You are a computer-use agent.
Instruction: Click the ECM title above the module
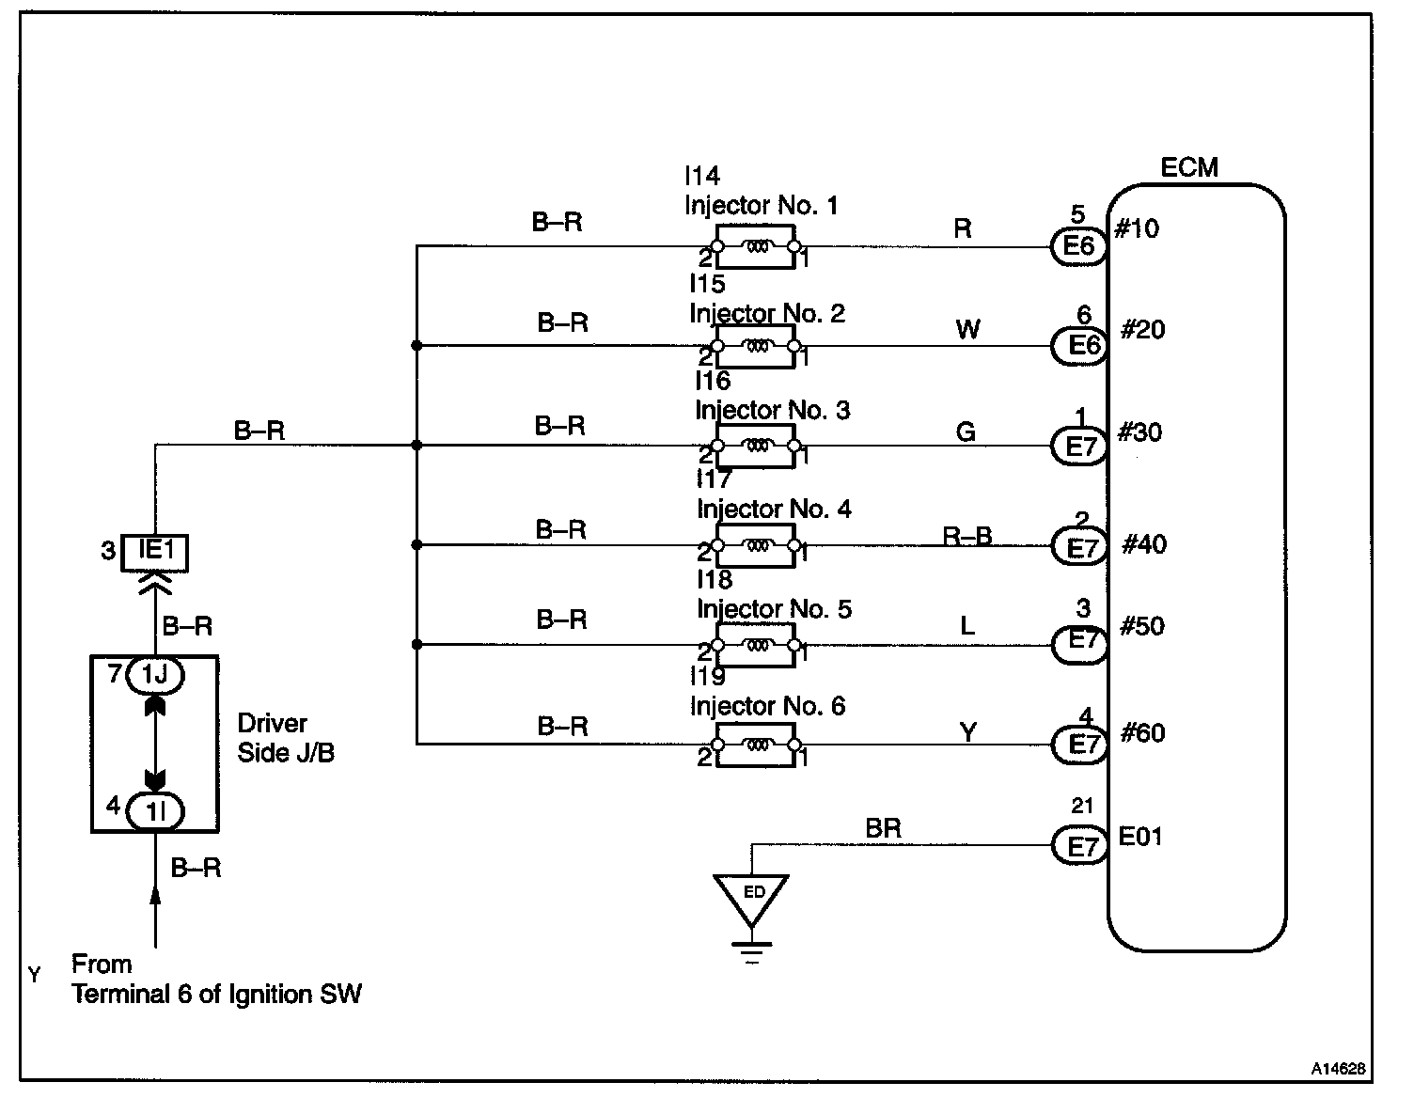[1189, 167]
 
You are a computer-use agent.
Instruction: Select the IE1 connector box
[155, 552]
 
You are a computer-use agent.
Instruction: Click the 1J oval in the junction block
[155, 675]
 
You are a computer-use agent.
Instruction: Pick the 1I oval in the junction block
[155, 811]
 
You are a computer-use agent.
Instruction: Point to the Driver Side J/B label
[286, 738]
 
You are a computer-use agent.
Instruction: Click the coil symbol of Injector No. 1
[756, 246]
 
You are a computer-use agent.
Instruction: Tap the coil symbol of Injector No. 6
[756, 745]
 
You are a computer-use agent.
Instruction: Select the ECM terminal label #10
[1137, 228]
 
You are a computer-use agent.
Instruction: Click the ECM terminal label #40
[1144, 543]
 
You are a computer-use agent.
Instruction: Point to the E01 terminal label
[1140, 836]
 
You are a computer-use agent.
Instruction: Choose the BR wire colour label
[883, 828]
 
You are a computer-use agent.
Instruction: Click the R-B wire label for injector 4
[967, 535]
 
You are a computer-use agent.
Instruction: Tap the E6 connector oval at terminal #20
[1080, 345]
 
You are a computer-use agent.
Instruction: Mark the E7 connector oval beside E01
[1080, 846]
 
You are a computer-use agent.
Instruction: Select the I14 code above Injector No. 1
[702, 176]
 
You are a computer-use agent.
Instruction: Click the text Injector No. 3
[773, 411]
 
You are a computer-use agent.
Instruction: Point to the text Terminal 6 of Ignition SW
[216, 995]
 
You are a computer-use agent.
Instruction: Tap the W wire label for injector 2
[967, 329]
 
